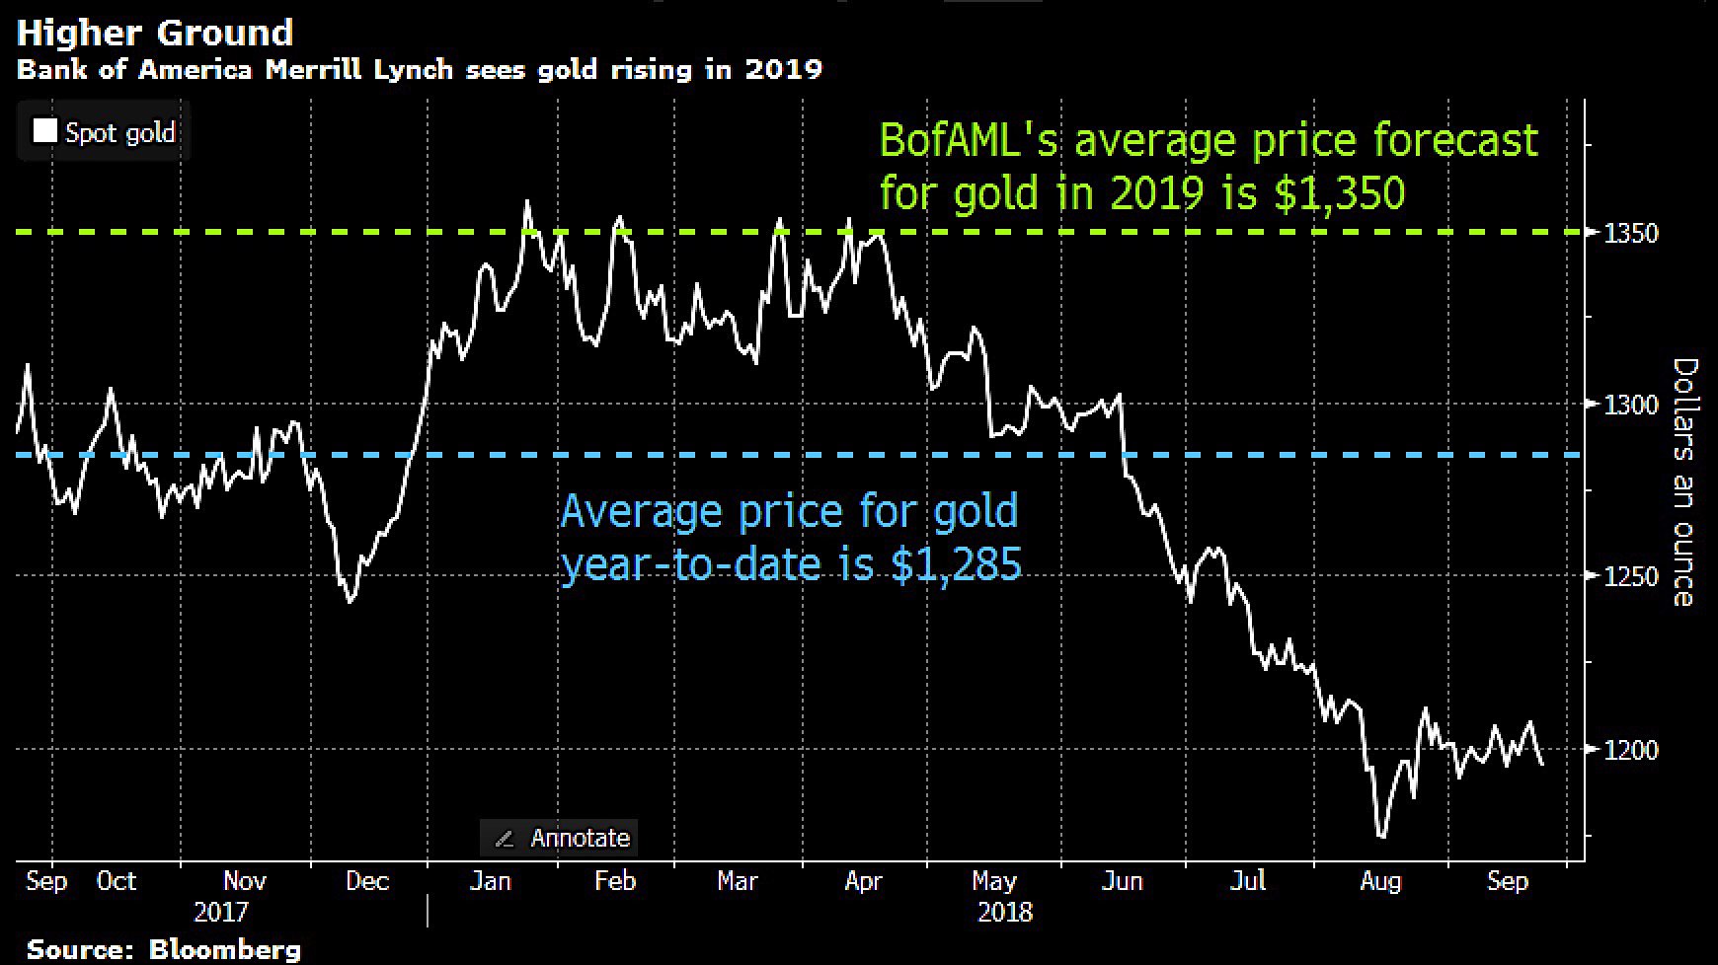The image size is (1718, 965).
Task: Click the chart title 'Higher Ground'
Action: coord(155,33)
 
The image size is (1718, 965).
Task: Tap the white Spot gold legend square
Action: coord(44,131)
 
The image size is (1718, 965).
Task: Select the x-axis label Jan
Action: coord(490,880)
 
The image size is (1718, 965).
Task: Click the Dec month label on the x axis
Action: coord(367,880)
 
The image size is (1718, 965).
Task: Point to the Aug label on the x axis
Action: coord(1379,880)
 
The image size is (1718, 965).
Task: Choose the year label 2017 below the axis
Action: coord(221,911)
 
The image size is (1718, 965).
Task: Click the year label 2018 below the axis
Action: coord(1005,911)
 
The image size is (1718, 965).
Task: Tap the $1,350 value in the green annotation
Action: coord(1339,192)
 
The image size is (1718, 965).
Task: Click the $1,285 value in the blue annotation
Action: coord(956,564)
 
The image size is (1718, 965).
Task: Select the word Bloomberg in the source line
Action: coord(224,950)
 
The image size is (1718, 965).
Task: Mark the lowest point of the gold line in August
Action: coord(1380,837)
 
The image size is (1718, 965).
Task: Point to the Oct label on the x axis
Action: coord(117,880)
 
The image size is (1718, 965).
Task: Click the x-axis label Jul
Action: coord(1248,880)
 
